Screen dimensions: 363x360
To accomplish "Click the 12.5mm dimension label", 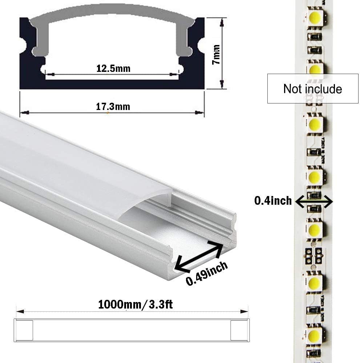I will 113,68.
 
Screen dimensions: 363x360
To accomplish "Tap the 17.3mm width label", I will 113,107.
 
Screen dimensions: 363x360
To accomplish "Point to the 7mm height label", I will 217,54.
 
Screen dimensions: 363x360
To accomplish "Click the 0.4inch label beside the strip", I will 273,200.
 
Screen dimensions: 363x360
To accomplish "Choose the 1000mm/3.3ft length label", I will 135,304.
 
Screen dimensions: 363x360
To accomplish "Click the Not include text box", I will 313,89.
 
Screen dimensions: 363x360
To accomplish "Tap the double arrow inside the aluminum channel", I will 198,256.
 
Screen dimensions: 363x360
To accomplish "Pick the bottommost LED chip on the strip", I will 315,335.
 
